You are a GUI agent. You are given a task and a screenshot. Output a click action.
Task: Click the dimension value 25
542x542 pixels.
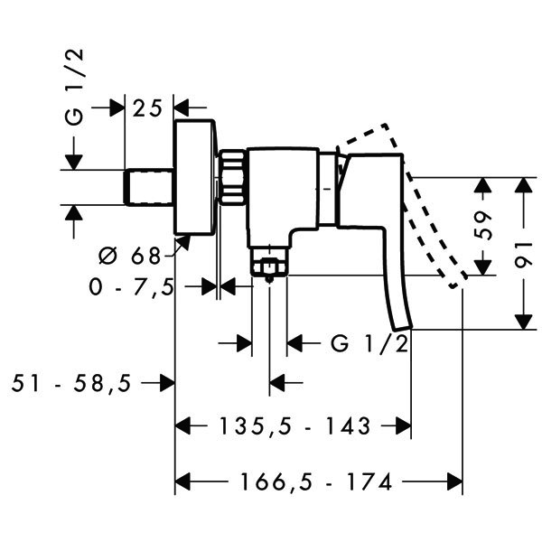pos(147,108)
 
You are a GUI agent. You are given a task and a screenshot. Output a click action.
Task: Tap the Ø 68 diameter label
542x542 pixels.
pos(130,257)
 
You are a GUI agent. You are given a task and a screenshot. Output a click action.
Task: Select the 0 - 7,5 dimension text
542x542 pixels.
pos(131,287)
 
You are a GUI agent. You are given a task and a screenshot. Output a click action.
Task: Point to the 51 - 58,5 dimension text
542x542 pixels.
pos(71,383)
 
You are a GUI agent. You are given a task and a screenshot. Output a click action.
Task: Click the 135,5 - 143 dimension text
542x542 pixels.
pos(295,425)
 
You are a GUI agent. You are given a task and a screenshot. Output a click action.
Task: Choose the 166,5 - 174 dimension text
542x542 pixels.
pos(317,481)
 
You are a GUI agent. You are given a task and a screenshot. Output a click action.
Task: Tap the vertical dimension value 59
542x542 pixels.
pos(482,225)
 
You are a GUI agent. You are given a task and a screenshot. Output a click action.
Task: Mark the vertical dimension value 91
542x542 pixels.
pos(524,255)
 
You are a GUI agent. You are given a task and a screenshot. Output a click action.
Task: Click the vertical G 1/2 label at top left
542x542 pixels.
pos(74,87)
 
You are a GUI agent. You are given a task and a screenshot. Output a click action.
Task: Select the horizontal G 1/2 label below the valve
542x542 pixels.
pos(369,343)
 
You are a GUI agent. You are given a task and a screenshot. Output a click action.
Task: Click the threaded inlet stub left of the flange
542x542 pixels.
pos(149,187)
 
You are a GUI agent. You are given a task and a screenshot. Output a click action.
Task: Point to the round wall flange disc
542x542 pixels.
pos(195,178)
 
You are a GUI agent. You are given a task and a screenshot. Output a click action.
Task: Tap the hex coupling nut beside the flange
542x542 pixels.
pos(232,176)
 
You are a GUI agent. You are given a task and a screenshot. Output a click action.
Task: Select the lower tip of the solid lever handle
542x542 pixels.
pos(404,328)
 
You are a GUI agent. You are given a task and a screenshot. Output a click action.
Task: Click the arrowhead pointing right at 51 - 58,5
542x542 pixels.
pos(168,383)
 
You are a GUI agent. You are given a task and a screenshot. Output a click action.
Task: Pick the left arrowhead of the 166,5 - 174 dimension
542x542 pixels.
pos(182,481)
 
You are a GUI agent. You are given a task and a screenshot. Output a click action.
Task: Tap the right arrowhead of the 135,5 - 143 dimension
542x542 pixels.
pos(404,425)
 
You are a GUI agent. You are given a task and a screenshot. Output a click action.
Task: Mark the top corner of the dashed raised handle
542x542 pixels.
pos(386,124)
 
